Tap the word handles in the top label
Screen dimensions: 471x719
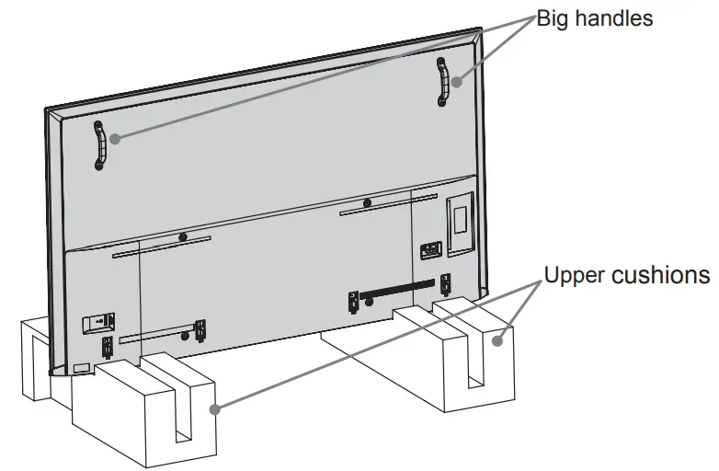[620, 17]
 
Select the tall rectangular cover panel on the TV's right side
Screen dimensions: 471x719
[457, 216]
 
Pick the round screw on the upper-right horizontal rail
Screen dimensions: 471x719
[367, 202]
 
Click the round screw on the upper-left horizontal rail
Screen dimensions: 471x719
[182, 236]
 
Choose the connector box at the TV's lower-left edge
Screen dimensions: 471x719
[98, 322]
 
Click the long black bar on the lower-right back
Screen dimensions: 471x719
[396, 292]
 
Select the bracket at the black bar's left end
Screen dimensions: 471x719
[352, 300]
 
